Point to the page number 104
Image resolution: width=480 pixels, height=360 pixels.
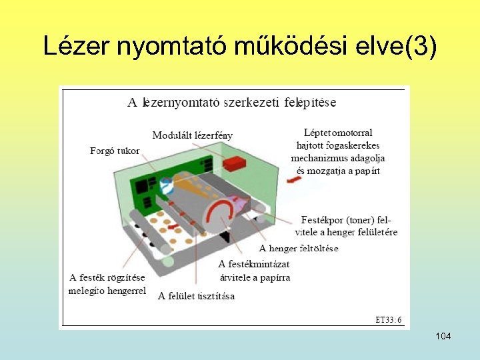tap(443, 336)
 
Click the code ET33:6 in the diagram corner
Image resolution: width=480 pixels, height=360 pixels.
tap(388, 319)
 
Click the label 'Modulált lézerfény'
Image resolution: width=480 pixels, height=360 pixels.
tap(193, 135)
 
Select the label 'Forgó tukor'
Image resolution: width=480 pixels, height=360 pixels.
tap(115, 151)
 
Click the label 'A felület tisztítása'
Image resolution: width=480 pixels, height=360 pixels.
tap(196, 296)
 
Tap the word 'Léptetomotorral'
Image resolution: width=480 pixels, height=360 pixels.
tap(338, 133)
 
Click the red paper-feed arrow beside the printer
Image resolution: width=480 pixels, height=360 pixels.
tap(293, 180)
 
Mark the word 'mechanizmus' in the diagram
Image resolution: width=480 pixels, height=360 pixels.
tap(317, 158)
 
